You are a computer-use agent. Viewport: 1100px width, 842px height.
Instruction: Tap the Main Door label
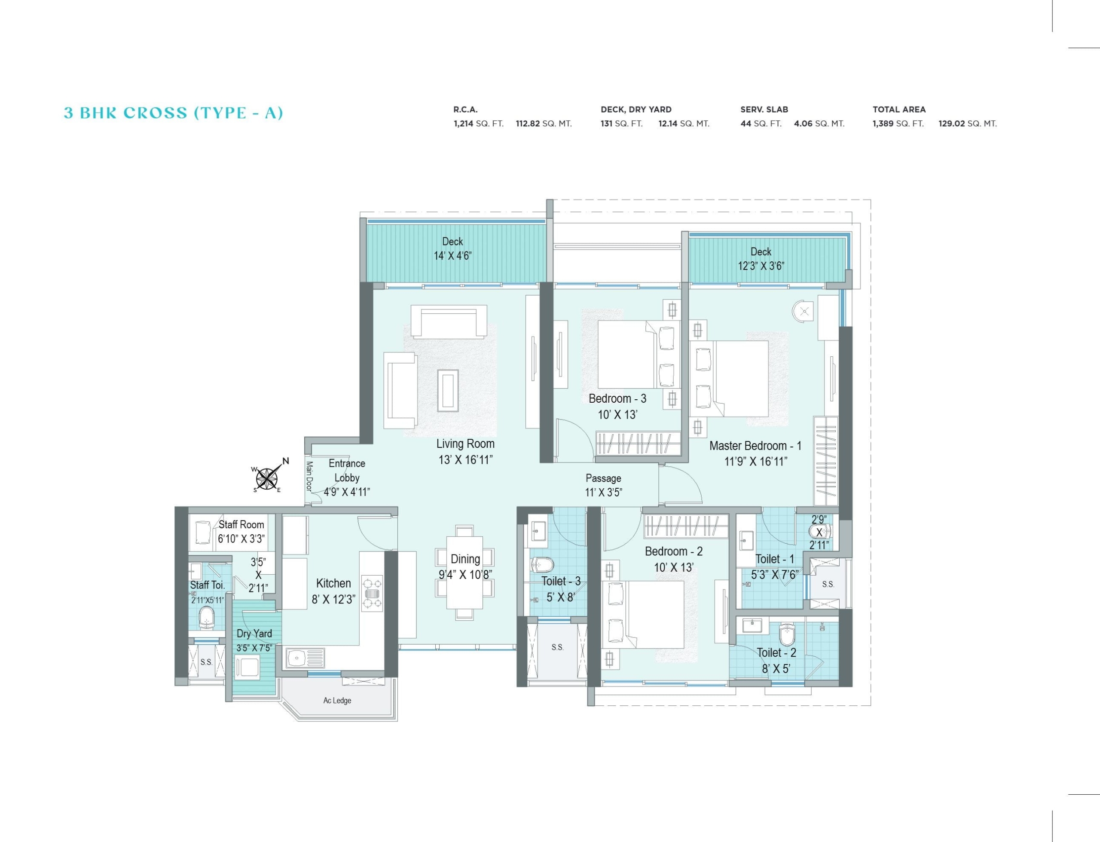[309, 477]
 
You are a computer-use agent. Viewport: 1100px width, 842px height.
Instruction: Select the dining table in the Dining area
[464, 573]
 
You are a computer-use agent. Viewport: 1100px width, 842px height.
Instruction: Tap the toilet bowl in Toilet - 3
[541, 565]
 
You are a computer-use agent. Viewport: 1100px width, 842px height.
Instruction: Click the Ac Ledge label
[337, 700]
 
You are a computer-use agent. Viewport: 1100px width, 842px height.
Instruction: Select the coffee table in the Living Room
[448, 390]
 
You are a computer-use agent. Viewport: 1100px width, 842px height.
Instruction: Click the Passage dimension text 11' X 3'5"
[604, 493]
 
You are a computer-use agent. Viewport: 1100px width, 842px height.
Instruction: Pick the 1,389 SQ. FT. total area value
[898, 123]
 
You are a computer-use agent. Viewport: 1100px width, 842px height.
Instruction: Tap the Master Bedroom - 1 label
[755, 446]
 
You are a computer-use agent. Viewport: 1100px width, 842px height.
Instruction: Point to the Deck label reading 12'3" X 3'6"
[761, 266]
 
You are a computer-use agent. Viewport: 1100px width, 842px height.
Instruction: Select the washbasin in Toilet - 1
[746, 540]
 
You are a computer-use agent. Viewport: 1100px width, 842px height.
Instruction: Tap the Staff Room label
[241, 524]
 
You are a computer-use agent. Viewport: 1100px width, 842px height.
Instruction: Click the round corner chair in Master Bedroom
[803, 311]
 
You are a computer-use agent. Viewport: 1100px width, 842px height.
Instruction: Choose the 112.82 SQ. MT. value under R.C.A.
[544, 123]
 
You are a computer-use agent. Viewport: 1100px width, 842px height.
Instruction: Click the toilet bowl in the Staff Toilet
[206, 617]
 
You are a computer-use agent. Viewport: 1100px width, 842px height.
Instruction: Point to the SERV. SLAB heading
[764, 109]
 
